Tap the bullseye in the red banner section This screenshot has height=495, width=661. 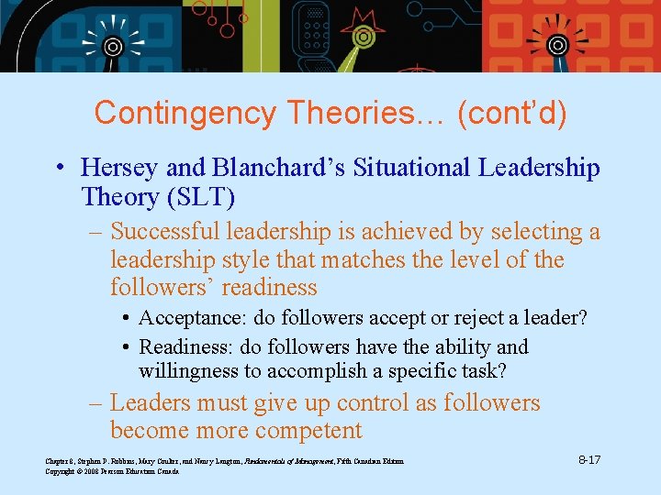click(556, 44)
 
